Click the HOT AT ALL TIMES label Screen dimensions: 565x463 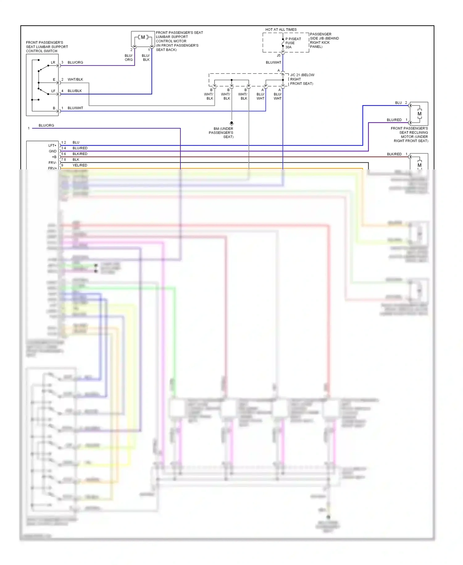click(281, 30)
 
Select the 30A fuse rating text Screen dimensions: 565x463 click(288, 47)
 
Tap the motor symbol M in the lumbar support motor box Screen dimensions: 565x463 click(143, 37)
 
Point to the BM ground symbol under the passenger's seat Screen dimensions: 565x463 click(231, 123)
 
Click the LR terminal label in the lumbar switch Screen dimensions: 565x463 click(53, 62)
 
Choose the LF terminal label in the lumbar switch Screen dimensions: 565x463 click(53, 91)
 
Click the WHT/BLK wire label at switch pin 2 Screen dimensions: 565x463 click(75, 79)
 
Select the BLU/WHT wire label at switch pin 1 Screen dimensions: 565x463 click(75, 108)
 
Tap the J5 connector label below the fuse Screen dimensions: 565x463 click(278, 56)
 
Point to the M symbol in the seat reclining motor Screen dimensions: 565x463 click(419, 114)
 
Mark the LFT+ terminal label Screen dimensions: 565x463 click(52, 145)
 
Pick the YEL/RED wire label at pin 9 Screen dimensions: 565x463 click(80, 165)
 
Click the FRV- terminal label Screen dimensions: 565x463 click(52, 163)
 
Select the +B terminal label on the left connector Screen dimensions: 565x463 click(54, 157)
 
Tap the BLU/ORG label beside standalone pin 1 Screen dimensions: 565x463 click(46, 125)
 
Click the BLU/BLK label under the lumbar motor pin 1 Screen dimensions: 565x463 click(146, 58)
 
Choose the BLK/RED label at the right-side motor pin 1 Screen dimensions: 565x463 click(394, 154)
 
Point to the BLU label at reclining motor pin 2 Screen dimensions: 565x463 click(398, 103)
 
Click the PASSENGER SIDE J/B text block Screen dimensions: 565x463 click(324, 40)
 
